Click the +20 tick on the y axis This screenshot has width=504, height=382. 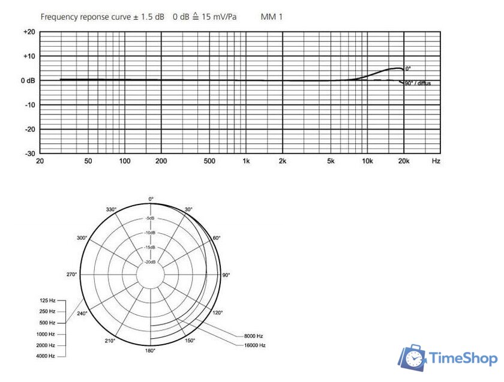tap(29, 32)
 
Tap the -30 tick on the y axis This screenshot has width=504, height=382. tap(29, 154)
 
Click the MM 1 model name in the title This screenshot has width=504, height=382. tap(271, 16)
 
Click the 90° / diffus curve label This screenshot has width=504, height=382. tap(417, 83)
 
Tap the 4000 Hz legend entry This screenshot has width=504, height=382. tap(45, 356)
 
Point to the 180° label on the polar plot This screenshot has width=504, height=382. tap(151, 350)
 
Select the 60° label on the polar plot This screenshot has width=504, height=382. tap(217, 238)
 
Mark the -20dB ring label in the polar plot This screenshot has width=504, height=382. tap(151, 262)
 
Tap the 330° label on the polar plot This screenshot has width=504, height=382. tap(112, 209)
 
